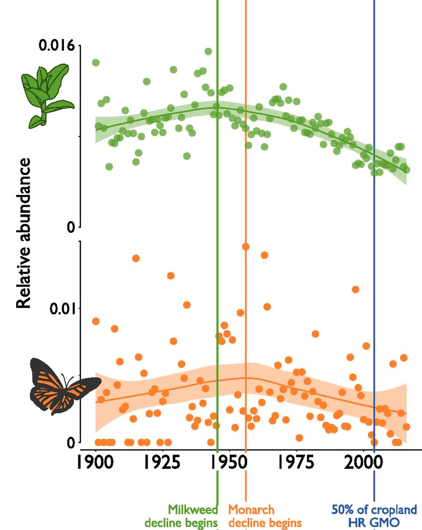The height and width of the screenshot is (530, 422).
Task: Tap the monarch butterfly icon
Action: pyautogui.click(x=64, y=386)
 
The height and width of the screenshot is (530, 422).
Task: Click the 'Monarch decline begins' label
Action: pyautogui.click(x=265, y=516)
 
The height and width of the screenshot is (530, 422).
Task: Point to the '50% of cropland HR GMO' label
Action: pyautogui.click(x=374, y=516)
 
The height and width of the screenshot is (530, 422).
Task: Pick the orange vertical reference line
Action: pyautogui.click(x=245, y=167)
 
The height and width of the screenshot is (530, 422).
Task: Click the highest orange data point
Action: pyautogui.click(x=245, y=247)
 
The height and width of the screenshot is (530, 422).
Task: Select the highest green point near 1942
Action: pyautogui.click(x=208, y=51)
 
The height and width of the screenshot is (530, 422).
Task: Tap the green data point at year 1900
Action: pyautogui.click(x=96, y=62)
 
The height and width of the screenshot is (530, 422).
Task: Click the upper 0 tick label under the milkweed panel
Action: pyautogui.click(x=71, y=227)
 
